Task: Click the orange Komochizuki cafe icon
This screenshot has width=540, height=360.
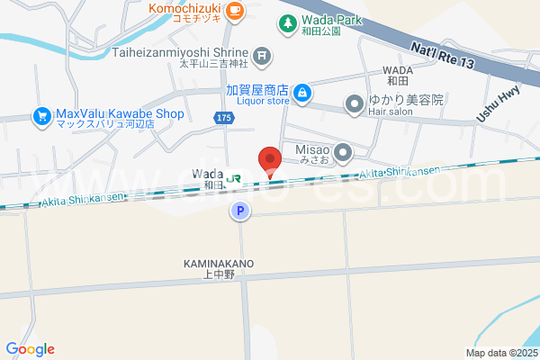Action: point(235,11)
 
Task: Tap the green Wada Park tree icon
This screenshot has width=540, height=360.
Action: point(287,22)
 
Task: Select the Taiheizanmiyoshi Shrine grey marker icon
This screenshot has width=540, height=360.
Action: point(262,56)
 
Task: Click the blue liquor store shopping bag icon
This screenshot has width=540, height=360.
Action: point(303,92)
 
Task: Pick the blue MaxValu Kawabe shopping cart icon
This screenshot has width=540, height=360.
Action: point(41,115)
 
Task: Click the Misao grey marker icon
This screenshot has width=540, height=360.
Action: point(342,154)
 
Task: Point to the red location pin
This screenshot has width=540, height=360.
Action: point(270,160)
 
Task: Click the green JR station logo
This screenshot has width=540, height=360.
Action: point(235,177)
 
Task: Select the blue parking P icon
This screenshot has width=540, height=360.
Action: point(239,211)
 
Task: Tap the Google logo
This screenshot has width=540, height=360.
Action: point(30,349)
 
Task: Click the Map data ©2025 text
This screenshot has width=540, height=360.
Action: point(500,353)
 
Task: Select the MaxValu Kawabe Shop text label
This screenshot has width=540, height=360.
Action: point(119,114)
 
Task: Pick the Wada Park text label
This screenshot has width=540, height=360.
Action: point(333,22)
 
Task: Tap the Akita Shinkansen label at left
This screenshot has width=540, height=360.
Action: point(80,199)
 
